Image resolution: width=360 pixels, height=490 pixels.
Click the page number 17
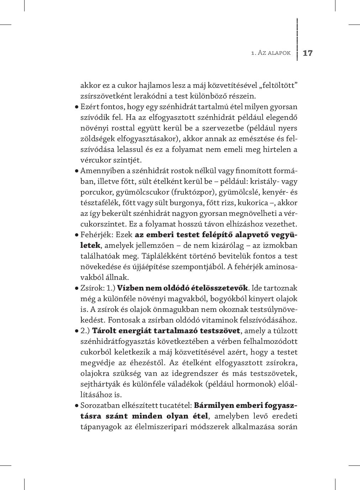tap(307, 53)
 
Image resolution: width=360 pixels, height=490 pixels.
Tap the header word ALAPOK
tap(279, 53)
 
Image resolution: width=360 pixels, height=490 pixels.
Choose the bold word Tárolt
tap(104, 331)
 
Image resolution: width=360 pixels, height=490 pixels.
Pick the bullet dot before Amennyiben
tap(76, 171)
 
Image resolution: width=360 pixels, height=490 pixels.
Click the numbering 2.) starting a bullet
tap(85, 331)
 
